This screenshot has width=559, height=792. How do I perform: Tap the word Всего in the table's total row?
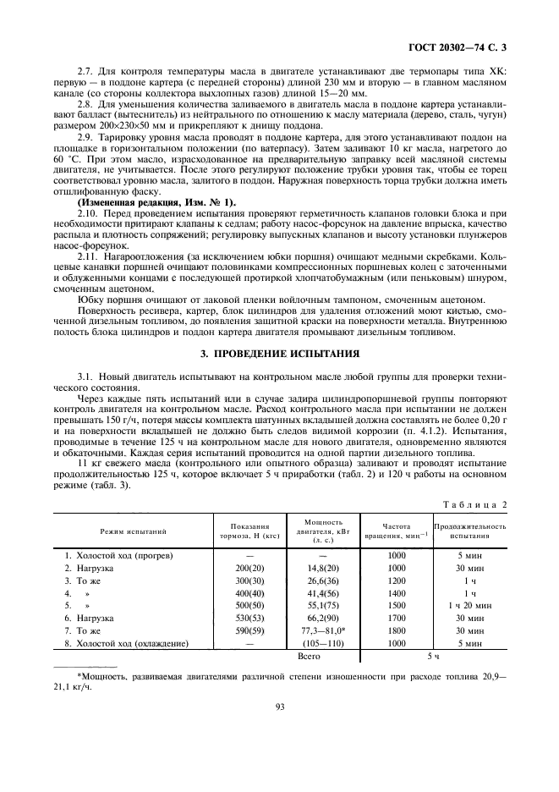[x=314, y=656]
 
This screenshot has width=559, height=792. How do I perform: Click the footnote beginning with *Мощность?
[x=278, y=679]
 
